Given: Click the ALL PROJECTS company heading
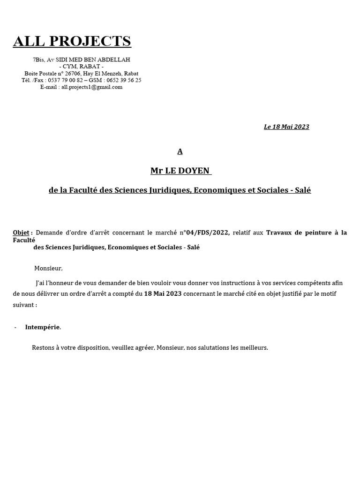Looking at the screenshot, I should pyautogui.click(x=72, y=41).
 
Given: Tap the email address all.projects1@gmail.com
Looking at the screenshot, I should pyautogui.click(x=92, y=87).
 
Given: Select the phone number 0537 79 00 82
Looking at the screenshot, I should pyautogui.click(x=63, y=80).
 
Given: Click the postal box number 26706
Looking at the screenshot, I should pyautogui.click(x=73, y=74).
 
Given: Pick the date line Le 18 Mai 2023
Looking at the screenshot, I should pyautogui.click(x=286, y=127).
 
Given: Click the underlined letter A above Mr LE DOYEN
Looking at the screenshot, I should pyautogui.click(x=180, y=151).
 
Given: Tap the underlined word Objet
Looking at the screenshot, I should pyautogui.click(x=21, y=232).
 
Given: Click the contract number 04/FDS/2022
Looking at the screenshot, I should pyautogui.click(x=208, y=232).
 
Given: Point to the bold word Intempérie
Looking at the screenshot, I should pyautogui.click(x=43, y=327).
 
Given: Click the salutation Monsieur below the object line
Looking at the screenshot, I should pyautogui.click(x=48, y=268).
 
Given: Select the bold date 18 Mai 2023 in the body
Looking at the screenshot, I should pyautogui.click(x=163, y=293).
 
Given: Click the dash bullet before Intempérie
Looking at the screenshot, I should pyautogui.click(x=15, y=327).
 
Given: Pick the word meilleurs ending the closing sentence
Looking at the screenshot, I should pyautogui.click(x=253, y=348).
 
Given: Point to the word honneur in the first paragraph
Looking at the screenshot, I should pyautogui.click(x=63, y=283).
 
